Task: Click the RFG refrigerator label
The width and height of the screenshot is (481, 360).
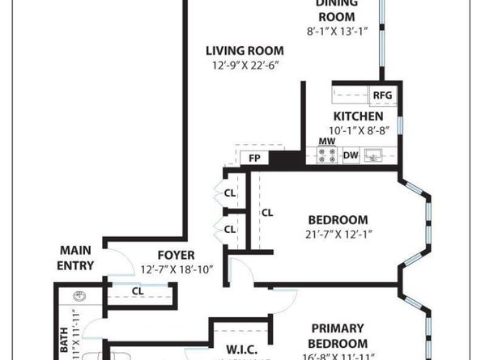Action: pyautogui.click(x=382, y=95)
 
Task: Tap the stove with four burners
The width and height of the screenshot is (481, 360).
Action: pyautogui.click(x=327, y=156)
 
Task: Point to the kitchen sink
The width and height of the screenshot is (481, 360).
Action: pyautogui.click(x=373, y=155)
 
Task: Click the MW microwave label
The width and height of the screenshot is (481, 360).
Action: pyautogui.click(x=326, y=142)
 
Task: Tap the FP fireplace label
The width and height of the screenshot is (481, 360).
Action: pyautogui.click(x=254, y=158)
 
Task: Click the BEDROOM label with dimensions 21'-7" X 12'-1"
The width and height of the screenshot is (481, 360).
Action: pyautogui.click(x=338, y=219)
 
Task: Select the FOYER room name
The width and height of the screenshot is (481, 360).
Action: pyautogui.click(x=176, y=255)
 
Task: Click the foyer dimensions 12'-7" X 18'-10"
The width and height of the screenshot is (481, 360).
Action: pyautogui.click(x=176, y=269)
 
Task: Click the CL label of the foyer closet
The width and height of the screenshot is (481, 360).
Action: pyautogui.click(x=138, y=291)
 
